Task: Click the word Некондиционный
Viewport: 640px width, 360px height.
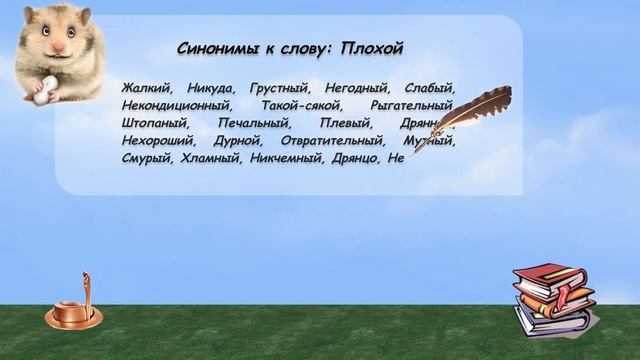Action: pyautogui.click(x=175, y=105)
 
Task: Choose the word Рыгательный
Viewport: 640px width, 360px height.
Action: pyautogui.click(x=411, y=105)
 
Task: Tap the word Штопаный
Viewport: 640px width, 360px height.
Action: pyautogui.click(x=151, y=123)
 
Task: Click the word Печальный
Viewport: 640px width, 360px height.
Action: pyautogui.click(x=251, y=123)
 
